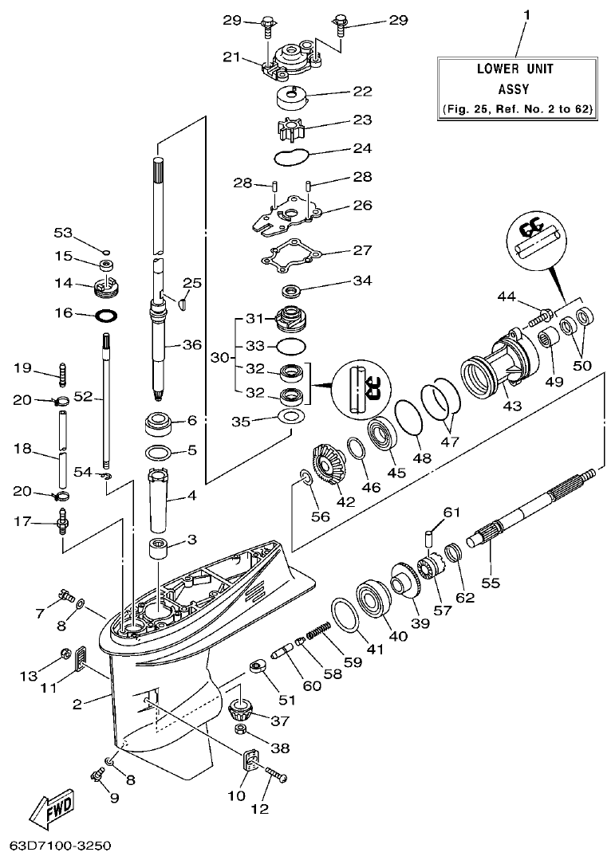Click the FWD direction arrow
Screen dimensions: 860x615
(x=53, y=811)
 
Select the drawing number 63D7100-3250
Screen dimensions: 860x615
(x=61, y=843)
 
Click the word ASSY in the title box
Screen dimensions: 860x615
(x=515, y=90)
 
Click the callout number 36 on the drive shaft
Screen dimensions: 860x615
(x=192, y=345)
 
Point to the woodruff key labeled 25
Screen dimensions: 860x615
(x=183, y=302)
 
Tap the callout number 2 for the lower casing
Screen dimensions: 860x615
(x=77, y=703)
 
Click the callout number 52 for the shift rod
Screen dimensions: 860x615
(x=82, y=395)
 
